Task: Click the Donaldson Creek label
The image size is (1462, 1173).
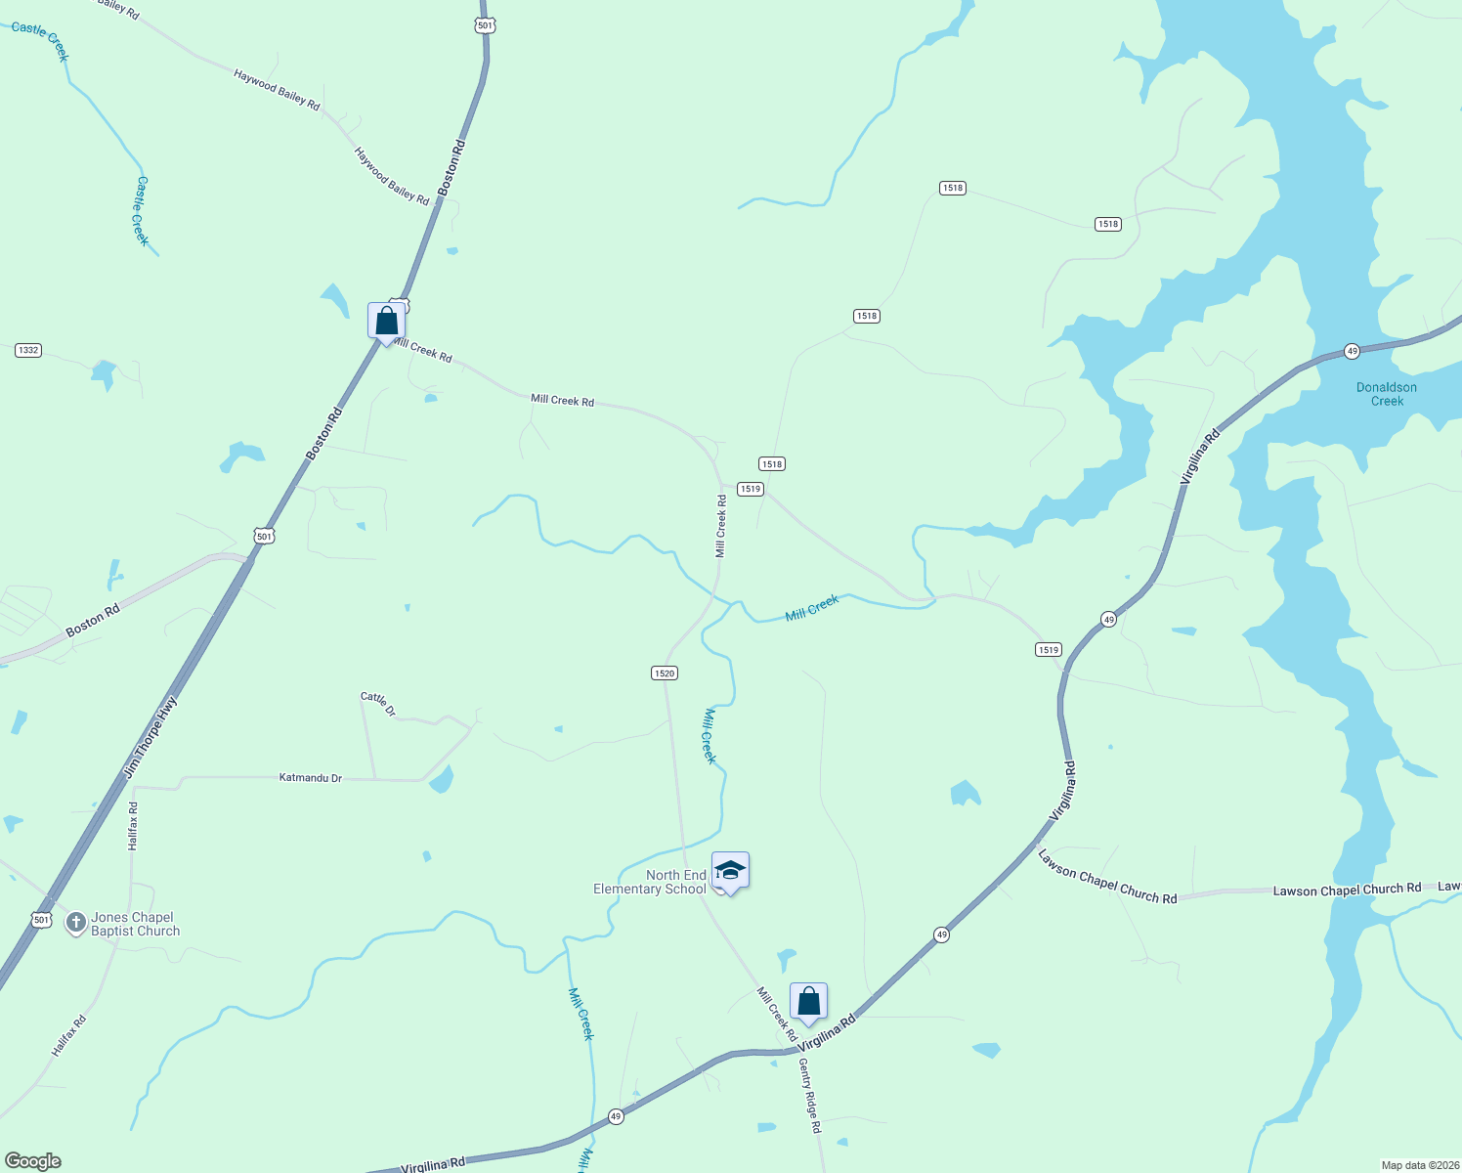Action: (x=1386, y=394)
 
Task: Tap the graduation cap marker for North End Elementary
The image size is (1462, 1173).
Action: (x=730, y=870)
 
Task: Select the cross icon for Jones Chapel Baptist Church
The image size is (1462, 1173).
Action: (x=75, y=923)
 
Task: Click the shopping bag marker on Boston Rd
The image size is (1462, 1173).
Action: (x=386, y=321)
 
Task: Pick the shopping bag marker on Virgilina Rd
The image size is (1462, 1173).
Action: (x=808, y=1001)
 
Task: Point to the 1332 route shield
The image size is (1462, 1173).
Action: (x=28, y=350)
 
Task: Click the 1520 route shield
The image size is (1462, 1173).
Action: (x=664, y=673)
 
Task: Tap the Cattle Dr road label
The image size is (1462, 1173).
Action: (x=378, y=704)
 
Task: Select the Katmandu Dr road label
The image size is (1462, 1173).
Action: (x=311, y=778)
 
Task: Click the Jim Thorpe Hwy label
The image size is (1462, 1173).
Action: (x=150, y=738)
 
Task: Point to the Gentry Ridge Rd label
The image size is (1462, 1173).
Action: (x=810, y=1095)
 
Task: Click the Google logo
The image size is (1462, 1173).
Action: (x=33, y=1161)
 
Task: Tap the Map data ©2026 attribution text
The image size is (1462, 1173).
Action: (x=1418, y=1165)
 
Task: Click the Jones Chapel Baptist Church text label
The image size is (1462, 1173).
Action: (x=135, y=924)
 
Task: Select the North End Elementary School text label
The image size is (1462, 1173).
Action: (x=650, y=882)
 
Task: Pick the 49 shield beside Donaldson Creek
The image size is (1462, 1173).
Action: (x=1352, y=351)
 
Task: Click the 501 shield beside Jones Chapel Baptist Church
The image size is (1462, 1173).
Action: (x=41, y=920)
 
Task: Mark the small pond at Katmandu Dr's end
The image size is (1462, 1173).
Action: (x=442, y=779)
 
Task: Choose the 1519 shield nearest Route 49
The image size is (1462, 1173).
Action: (x=1048, y=650)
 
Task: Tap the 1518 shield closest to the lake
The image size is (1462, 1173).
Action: (x=1107, y=224)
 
